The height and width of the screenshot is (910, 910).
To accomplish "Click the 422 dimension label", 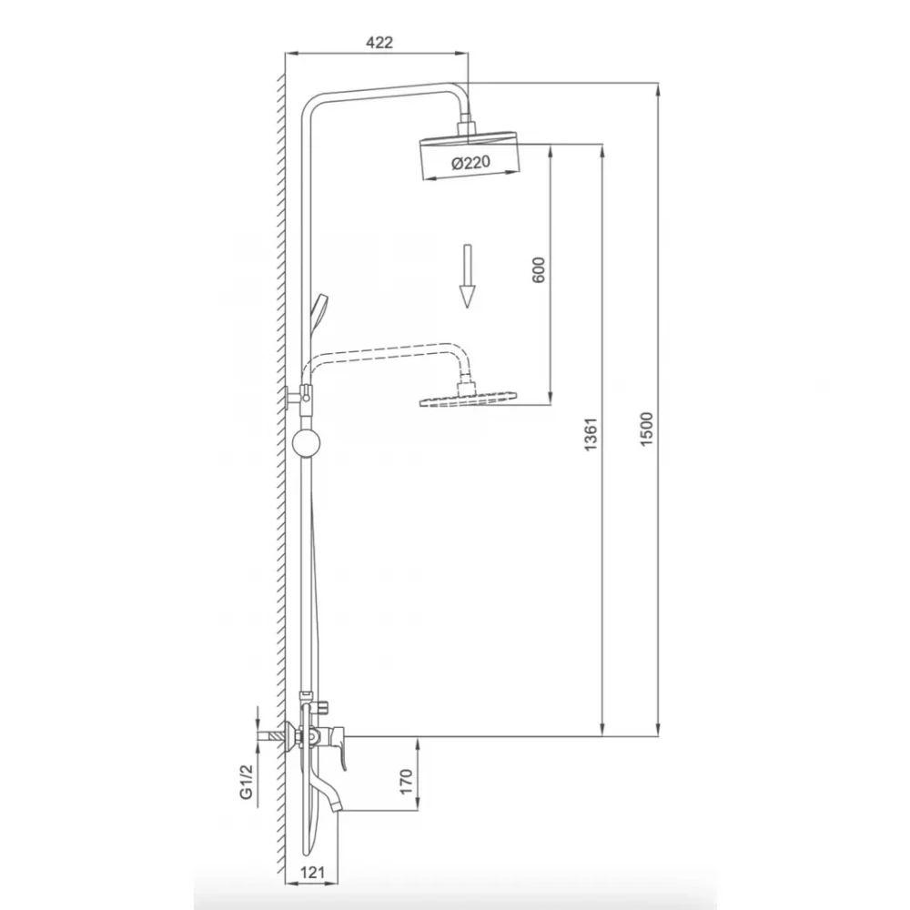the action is (379, 43).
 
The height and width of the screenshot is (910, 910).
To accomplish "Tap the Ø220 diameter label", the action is (470, 162).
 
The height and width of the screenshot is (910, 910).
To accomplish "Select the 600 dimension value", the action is (539, 270).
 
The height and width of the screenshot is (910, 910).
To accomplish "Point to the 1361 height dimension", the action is (591, 434).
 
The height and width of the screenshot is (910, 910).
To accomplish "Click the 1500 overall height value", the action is (646, 429).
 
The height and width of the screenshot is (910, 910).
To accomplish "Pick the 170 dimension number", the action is (406, 781).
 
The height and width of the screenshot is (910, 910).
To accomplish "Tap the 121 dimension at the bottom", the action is (312, 873).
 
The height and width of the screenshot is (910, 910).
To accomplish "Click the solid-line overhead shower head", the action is (469, 155).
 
